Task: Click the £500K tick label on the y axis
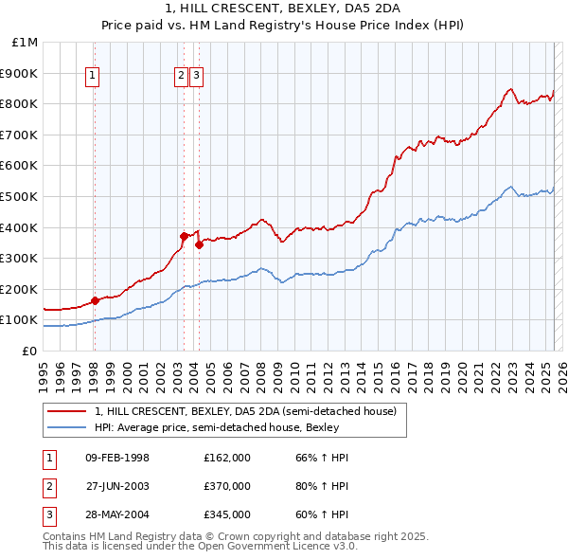point(19,196)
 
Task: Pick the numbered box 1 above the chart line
point(94,78)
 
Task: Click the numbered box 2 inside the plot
point(181,78)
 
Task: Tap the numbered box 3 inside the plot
point(196,78)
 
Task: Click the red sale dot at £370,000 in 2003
point(184,236)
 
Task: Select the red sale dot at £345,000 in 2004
point(200,244)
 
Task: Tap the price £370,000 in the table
point(227,486)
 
